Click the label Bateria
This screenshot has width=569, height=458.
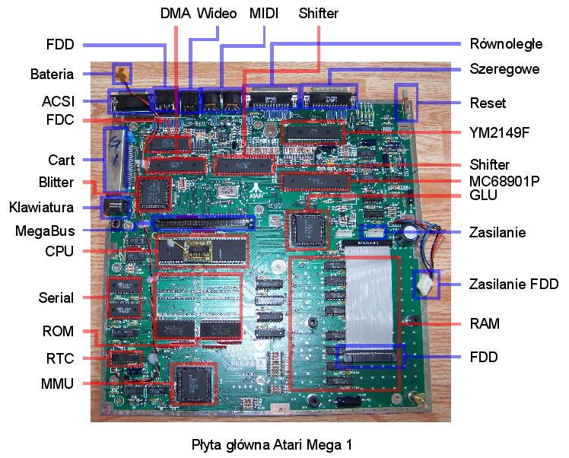click(x=52, y=74)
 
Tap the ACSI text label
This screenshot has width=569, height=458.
click(x=58, y=101)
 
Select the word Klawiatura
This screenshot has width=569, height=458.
click(x=41, y=207)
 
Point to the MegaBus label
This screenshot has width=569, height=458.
click(x=45, y=231)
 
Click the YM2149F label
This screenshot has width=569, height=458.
click(x=499, y=132)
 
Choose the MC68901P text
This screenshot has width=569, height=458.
click(x=504, y=181)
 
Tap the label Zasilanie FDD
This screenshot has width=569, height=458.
click(x=513, y=284)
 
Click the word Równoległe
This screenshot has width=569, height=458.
click(x=506, y=44)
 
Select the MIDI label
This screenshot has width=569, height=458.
click(x=264, y=14)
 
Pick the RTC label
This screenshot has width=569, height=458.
click(x=60, y=358)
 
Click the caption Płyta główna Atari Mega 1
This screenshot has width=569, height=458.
click(x=272, y=445)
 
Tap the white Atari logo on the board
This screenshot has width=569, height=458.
click(x=256, y=189)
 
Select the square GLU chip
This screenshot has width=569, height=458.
click(x=307, y=229)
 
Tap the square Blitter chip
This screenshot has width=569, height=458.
click(x=154, y=194)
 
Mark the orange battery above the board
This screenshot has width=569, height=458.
click(x=121, y=73)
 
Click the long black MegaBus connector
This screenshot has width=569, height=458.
click(x=203, y=222)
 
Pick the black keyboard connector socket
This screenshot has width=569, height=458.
click(x=114, y=207)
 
